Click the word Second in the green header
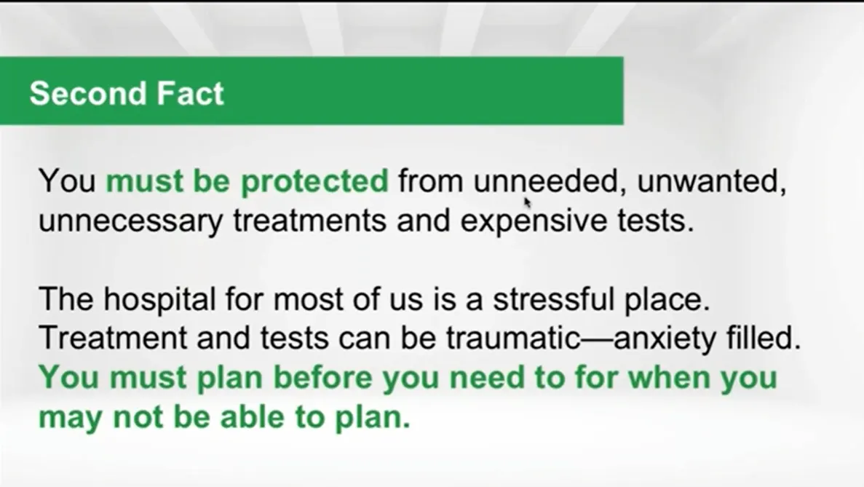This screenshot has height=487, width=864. (x=88, y=93)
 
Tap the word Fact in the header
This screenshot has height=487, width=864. (x=190, y=93)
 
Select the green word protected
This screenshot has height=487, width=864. (x=314, y=182)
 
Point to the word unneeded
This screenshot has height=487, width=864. (x=545, y=181)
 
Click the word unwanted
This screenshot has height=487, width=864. (x=712, y=182)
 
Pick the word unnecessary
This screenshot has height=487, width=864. (x=130, y=221)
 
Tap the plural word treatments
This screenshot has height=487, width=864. (x=309, y=221)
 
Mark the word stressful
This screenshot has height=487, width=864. (x=553, y=299)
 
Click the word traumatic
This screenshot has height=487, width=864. (x=513, y=338)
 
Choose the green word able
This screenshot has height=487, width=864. (x=253, y=417)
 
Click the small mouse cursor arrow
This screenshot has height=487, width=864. (x=527, y=202)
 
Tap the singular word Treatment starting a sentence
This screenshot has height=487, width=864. (x=113, y=338)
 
